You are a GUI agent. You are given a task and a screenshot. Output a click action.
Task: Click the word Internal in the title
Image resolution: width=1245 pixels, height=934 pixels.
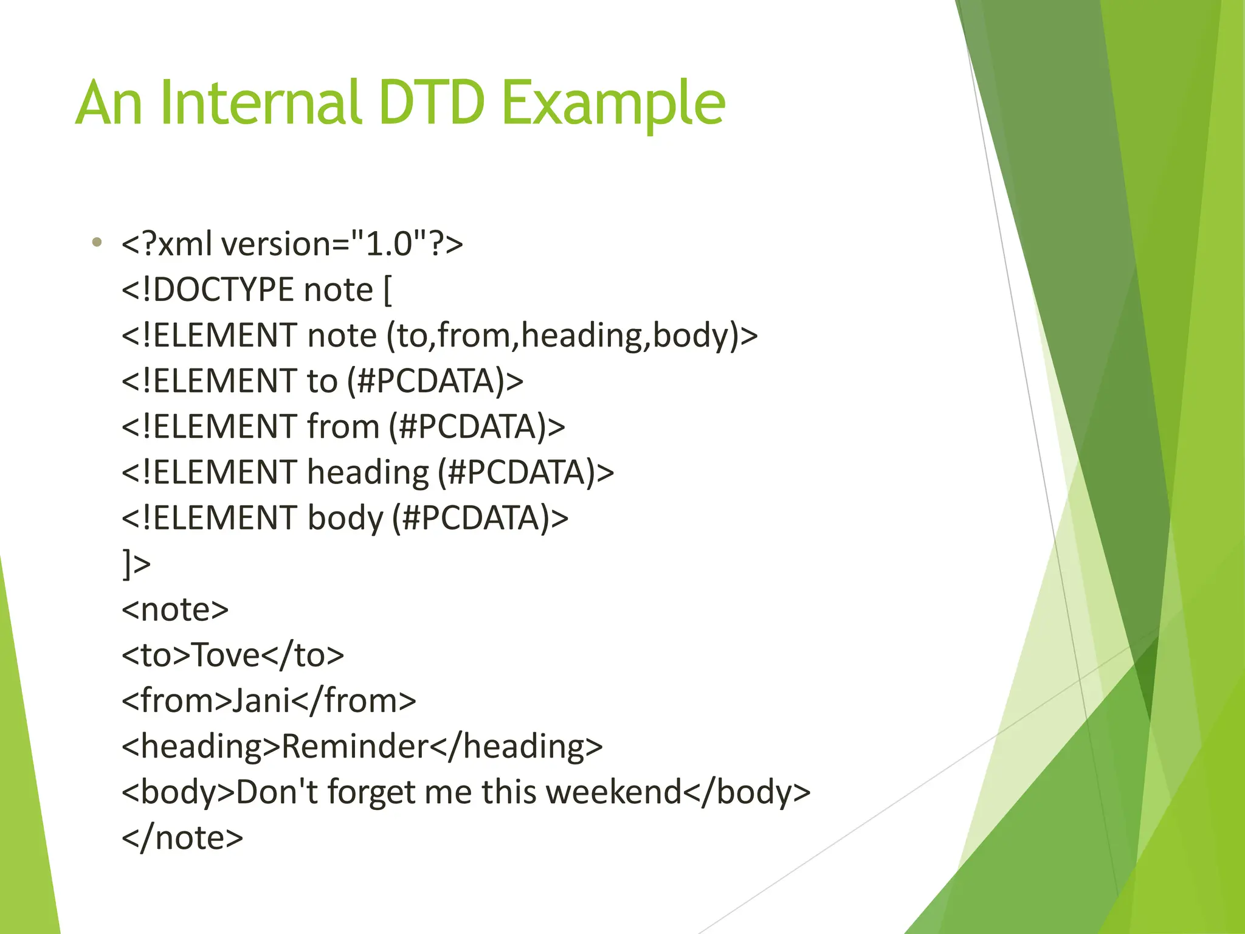coord(261,103)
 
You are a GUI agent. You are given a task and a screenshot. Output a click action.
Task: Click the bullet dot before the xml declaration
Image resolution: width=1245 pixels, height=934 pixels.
coord(97,243)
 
